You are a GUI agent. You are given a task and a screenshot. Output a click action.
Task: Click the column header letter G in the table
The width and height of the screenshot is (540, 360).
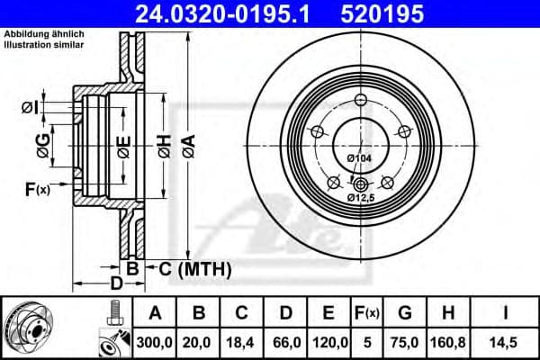coord(406,313)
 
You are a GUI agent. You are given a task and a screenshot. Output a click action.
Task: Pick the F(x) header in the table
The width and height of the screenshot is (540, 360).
coord(369,313)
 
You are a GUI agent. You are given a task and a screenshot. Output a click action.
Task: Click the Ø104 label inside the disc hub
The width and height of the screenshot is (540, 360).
coord(359,159)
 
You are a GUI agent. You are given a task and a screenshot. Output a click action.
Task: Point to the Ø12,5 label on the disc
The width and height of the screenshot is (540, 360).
coord(360,196)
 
